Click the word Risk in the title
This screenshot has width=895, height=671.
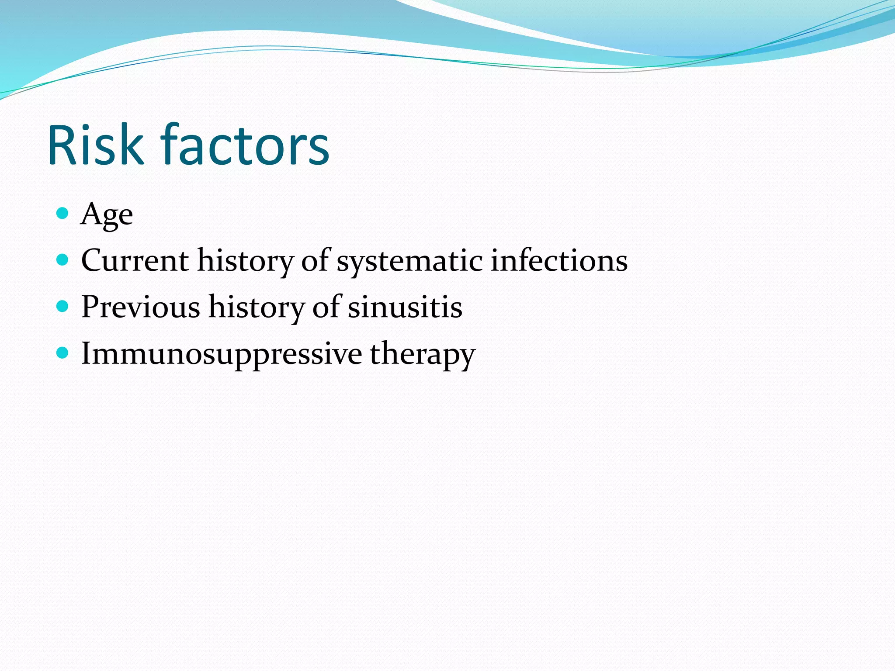(95, 145)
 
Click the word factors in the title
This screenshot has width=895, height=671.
(245, 145)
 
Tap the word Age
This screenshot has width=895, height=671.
(107, 214)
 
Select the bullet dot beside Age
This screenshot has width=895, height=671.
(63, 213)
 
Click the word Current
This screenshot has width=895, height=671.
(135, 260)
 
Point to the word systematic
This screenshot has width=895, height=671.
(409, 261)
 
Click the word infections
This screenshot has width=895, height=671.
(559, 260)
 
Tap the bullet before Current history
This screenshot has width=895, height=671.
(63, 260)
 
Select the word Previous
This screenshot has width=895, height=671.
(141, 307)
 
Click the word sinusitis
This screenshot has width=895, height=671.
(405, 307)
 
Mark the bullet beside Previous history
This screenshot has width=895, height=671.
(63, 306)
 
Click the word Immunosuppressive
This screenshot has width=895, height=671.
(222, 354)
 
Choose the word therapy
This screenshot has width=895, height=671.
(422, 355)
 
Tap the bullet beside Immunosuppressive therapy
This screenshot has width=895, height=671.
(63, 353)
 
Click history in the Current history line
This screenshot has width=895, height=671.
(245, 261)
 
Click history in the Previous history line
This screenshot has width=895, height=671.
(256, 308)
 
